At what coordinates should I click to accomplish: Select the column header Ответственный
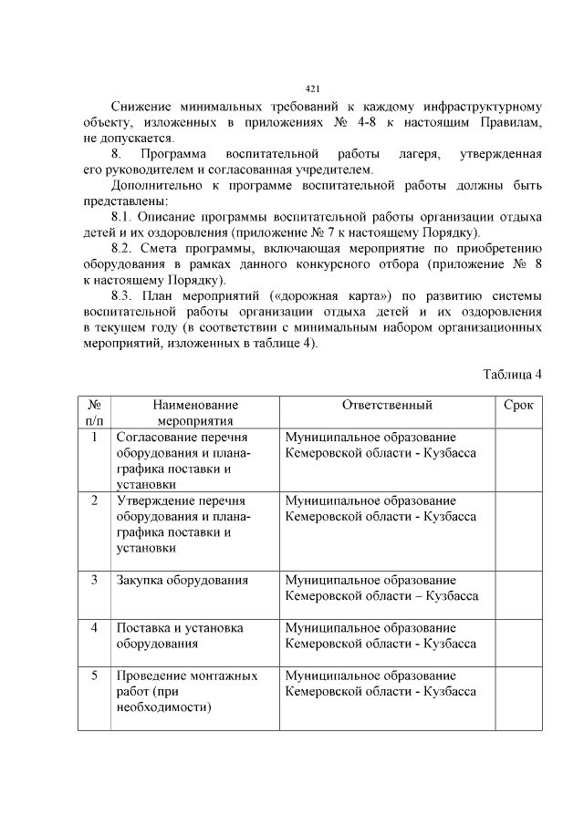tap(387, 405)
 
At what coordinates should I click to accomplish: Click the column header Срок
tap(518, 405)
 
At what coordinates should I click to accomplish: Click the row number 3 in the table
tap(94, 580)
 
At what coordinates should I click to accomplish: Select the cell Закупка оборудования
tap(182, 580)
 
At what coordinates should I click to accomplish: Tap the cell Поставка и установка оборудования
tap(180, 635)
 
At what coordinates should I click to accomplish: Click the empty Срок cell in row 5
tap(518, 698)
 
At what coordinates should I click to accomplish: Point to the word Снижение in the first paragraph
tap(141, 107)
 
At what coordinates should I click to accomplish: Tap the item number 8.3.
tap(123, 295)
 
